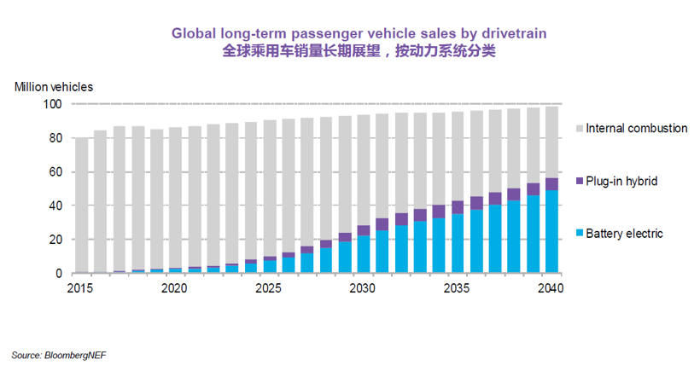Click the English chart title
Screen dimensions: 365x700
(x=359, y=33)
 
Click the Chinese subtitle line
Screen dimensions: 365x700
(x=359, y=50)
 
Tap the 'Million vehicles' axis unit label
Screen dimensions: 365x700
(x=54, y=86)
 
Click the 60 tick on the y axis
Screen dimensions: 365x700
(x=55, y=172)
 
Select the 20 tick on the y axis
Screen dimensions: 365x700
(x=55, y=240)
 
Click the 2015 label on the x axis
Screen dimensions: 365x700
(x=81, y=288)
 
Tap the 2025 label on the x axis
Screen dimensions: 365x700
(x=269, y=288)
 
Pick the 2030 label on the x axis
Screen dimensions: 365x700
(x=363, y=288)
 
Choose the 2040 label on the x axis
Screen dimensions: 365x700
(x=551, y=288)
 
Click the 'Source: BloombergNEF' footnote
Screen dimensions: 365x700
(x=59, y=354)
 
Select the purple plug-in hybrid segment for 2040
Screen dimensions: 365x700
(x=551, y=184)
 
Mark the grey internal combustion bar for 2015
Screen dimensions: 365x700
(x=81, y=205)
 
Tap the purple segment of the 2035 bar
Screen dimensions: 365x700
(x=458, y=207)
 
